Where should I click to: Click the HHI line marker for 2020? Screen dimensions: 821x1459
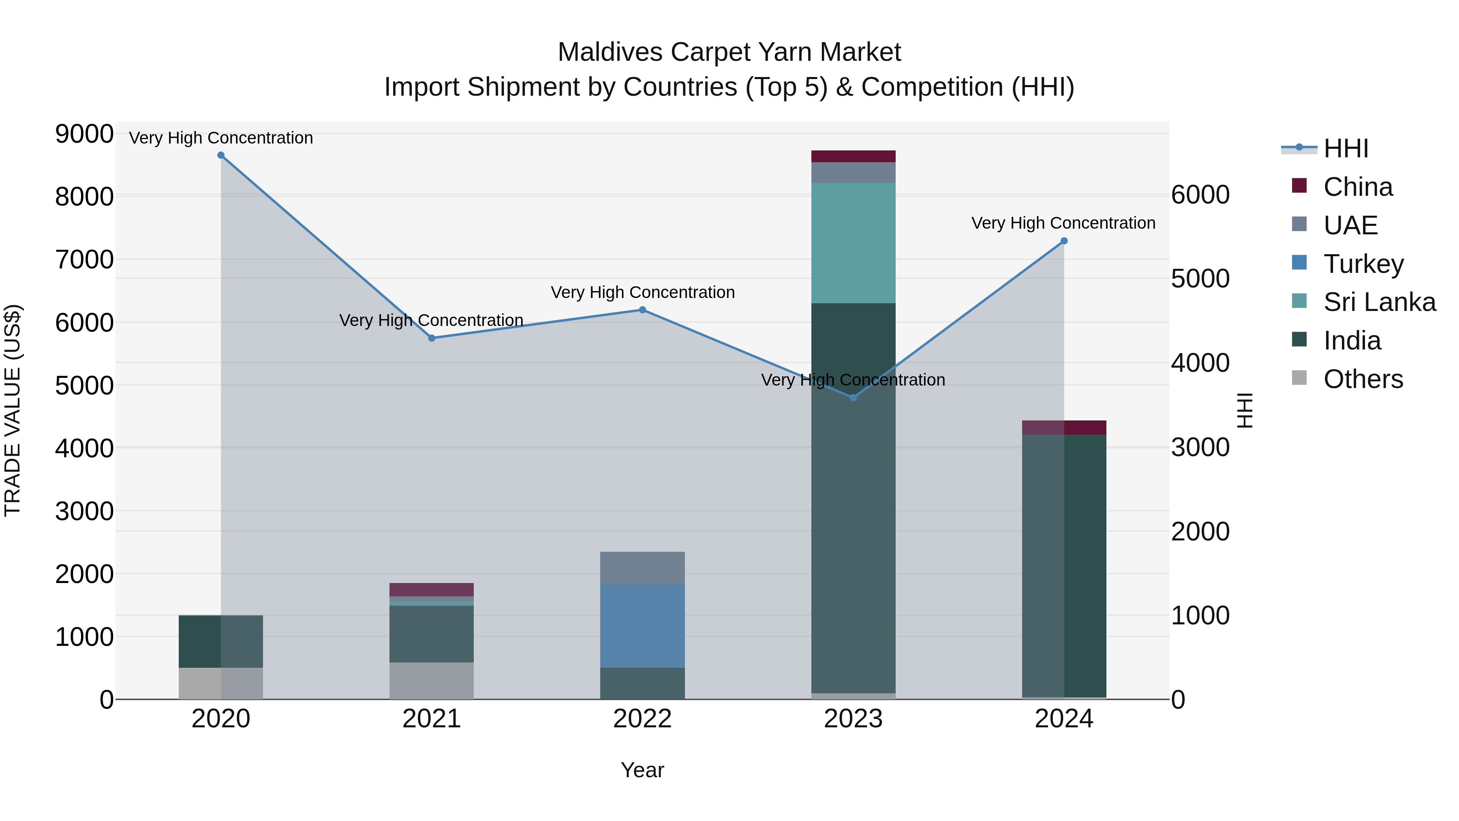(x=221, y=155)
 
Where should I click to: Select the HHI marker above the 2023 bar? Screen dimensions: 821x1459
(x=853, y=398)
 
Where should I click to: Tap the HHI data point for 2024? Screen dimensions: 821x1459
(x=1064, y=241)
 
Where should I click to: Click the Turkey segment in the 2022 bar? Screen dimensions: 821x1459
(x=642, y=626)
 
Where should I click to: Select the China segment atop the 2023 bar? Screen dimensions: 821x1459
(x=853, y=156)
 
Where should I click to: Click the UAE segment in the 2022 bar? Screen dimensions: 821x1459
(x=642, y=568)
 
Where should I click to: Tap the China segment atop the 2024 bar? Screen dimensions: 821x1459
(x=1064, y=428)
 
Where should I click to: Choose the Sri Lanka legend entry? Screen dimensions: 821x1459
(x=1379, y=302)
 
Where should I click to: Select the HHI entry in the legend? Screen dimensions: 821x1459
(x=1345, y=148)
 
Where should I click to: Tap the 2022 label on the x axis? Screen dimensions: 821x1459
(x=642, y=719)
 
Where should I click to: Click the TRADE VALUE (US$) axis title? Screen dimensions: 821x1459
(x=13, y=410)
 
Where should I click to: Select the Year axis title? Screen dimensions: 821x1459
(x=642, y=770)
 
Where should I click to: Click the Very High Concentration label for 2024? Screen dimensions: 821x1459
(x=1063, y=223)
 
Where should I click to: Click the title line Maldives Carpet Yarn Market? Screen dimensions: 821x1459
(x=729, y=52)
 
